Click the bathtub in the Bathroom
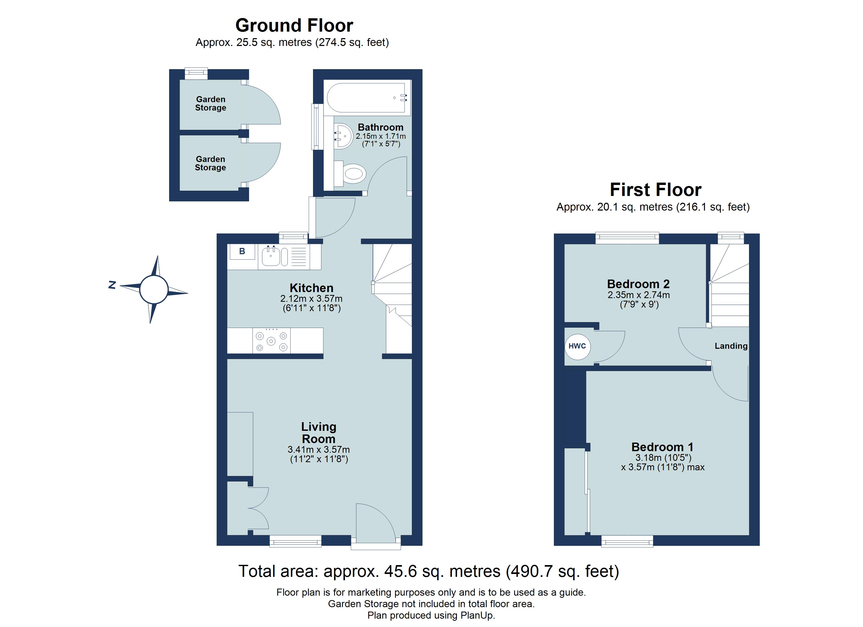click(366, 98)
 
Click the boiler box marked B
click(242, 251)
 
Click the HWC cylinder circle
click(577, 346)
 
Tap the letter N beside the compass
click(112, 285)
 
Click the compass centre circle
click(154, 290)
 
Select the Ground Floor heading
click(294, 26)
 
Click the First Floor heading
click(655, 190)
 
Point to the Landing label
click(731, 346)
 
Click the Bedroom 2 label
click(638, 284)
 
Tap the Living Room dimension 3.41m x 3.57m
click(319, 449)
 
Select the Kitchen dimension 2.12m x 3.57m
click(311, 299)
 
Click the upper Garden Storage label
click(211, 103)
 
